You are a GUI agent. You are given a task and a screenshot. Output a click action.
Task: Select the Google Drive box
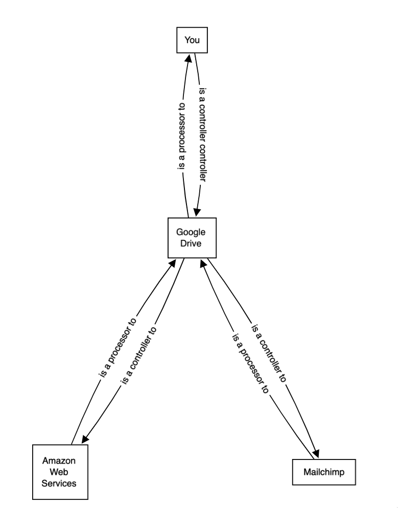(x=192, y=237)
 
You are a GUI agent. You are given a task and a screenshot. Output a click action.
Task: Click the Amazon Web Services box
(x=59, y=471)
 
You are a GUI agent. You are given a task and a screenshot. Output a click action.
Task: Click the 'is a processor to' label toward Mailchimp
(x=250, y=363)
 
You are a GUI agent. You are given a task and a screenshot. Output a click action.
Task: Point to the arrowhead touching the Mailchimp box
(x=316, y=454)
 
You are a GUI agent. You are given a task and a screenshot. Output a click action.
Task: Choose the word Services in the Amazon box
(x=59, y=482)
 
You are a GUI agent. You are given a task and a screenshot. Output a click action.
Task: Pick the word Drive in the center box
(x=192, y=243)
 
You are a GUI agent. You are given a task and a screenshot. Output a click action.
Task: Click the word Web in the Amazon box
(x=59, y=471)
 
